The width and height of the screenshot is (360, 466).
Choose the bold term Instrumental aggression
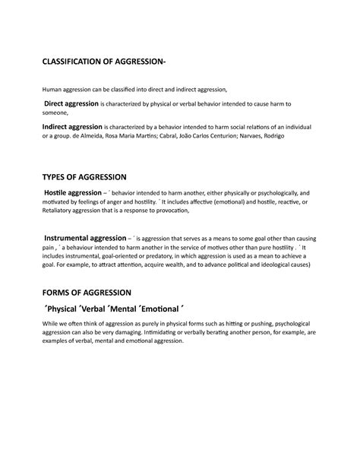tap(84, 238)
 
